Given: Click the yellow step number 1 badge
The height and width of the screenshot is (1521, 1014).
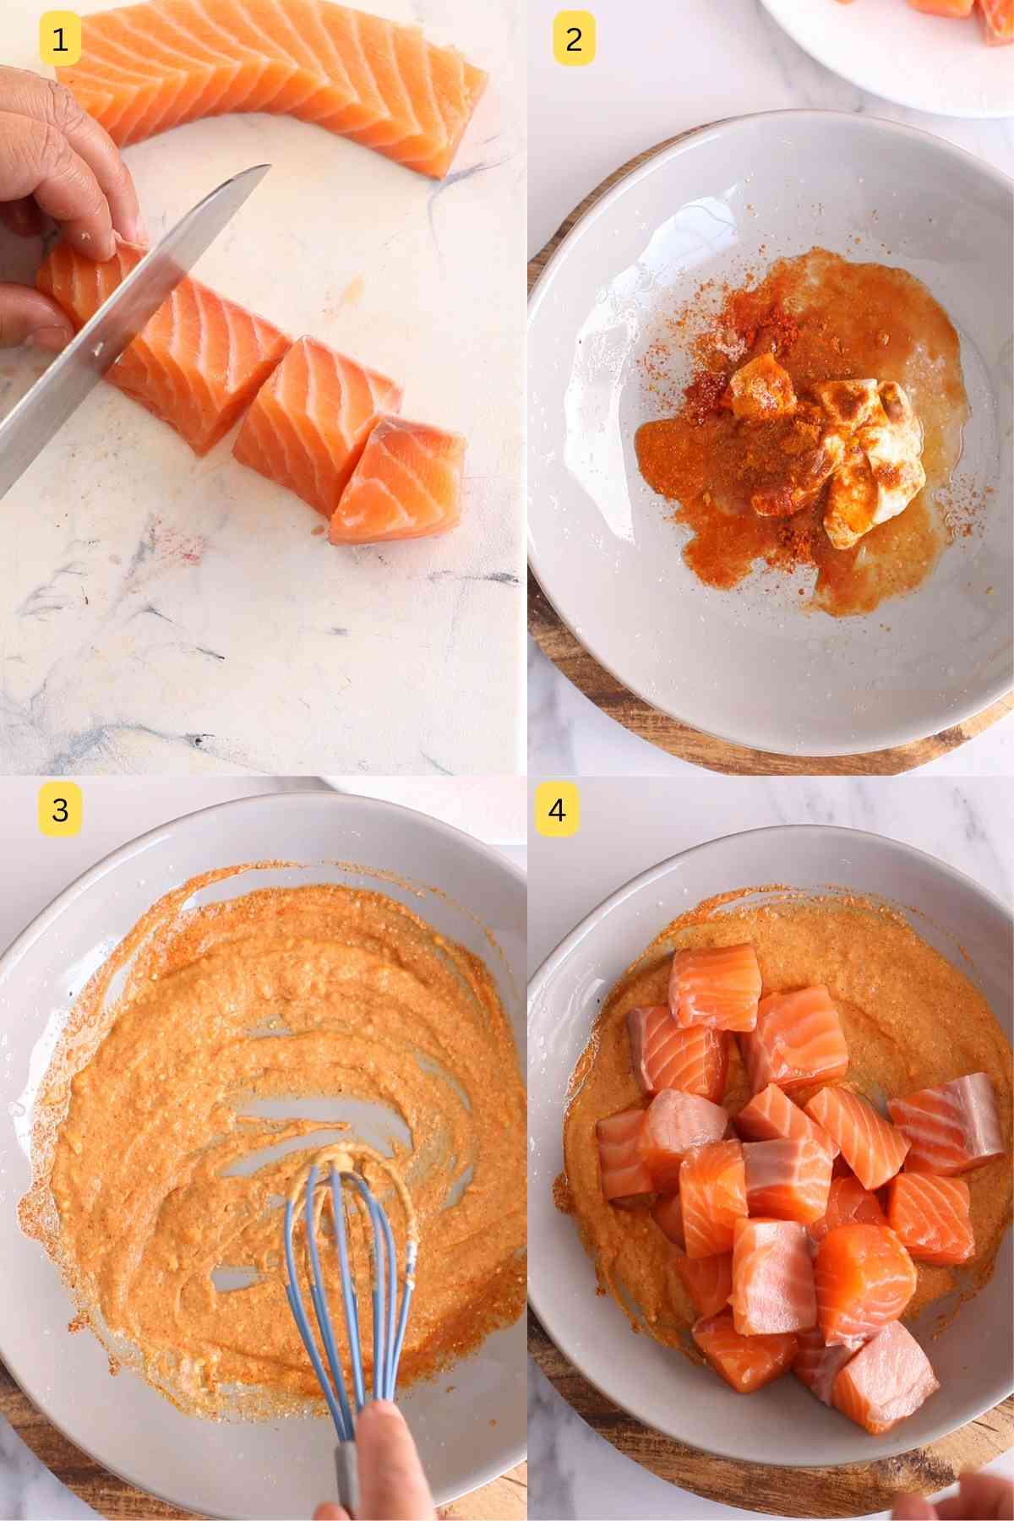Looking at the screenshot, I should click(60, 39).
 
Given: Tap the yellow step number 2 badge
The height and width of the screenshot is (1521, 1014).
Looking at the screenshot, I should click(574, 39).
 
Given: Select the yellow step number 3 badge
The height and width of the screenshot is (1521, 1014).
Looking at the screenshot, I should click(60, 810).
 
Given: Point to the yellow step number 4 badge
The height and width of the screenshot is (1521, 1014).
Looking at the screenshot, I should click(556, 810).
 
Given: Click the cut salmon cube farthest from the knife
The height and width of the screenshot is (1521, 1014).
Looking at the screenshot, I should click(397, 477).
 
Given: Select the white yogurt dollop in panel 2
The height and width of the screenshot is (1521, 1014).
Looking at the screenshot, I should click(853, 456).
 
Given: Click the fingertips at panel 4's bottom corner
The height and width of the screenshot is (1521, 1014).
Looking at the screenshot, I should click(955, 1496).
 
